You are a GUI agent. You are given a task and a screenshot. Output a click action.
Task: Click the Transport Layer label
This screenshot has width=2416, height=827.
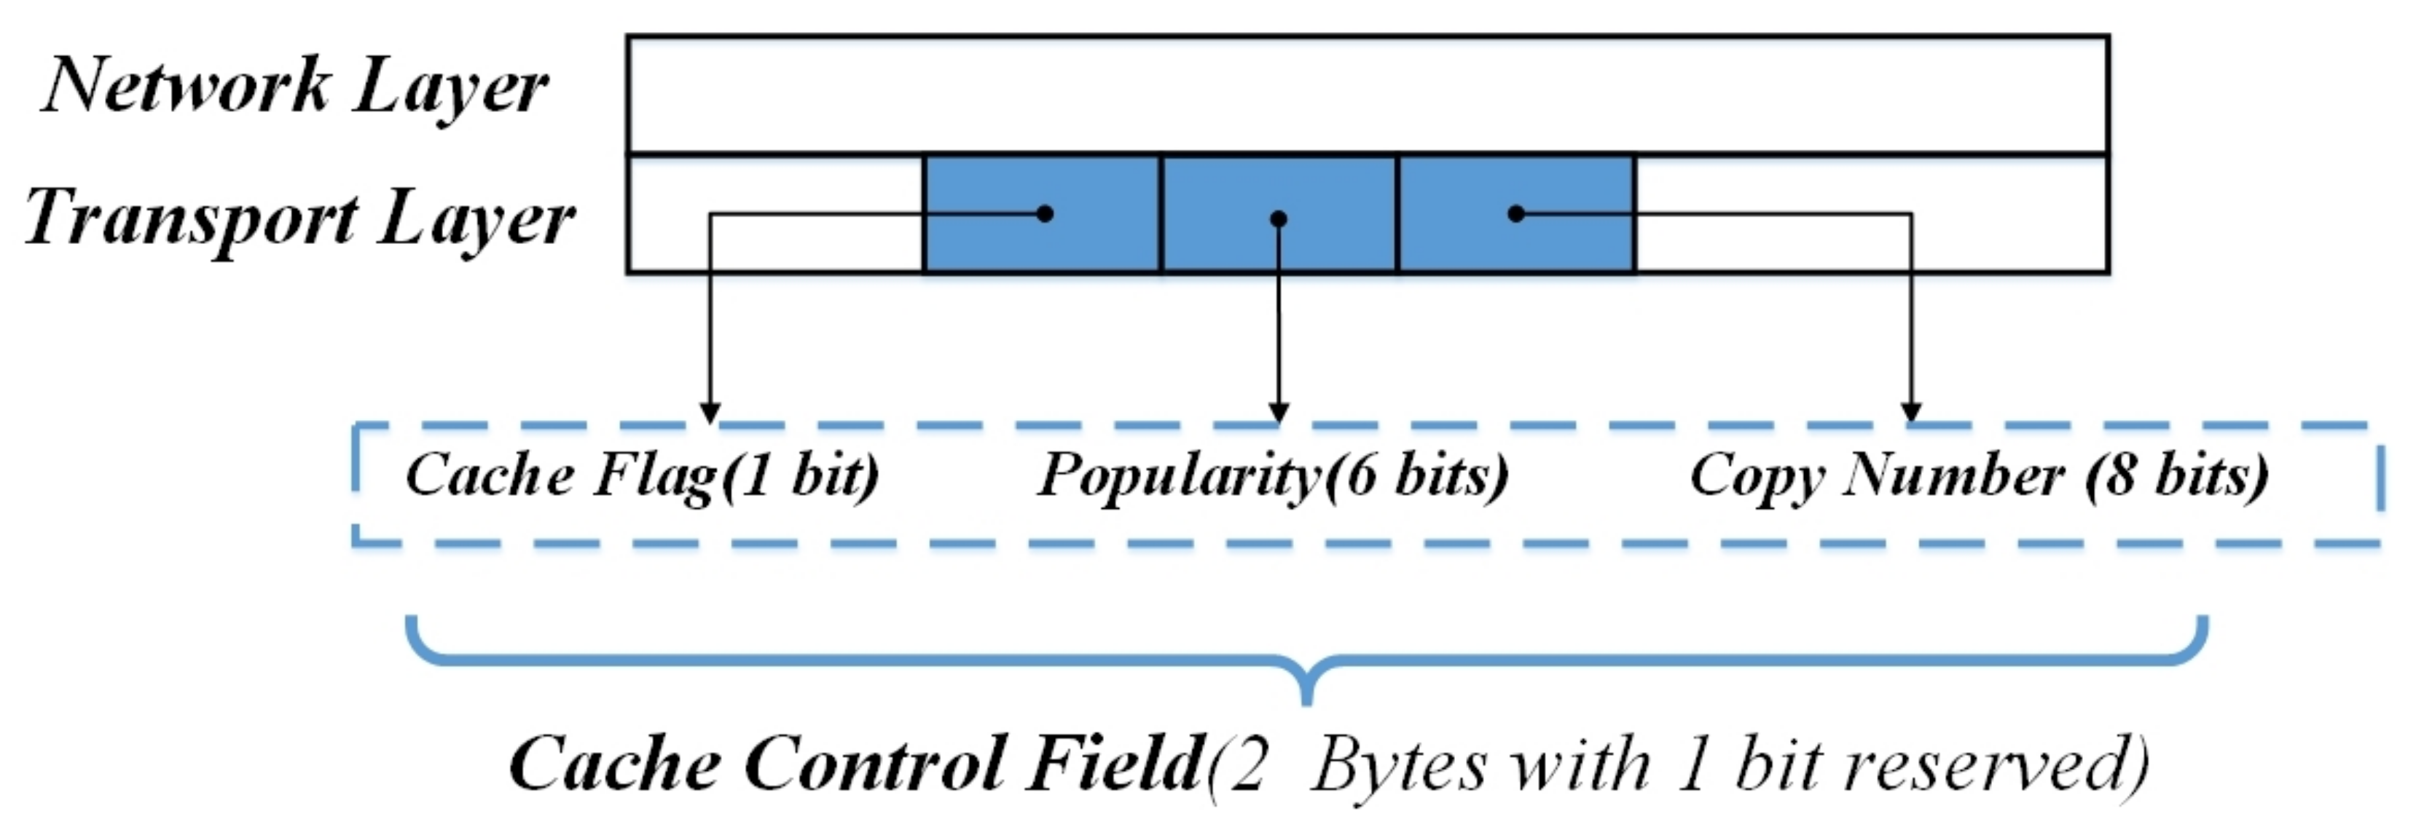[298, 218]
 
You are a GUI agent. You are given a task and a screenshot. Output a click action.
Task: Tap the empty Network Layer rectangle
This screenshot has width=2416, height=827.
[1368, 95]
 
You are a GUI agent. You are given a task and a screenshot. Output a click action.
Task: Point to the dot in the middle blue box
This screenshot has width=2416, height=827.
[1279, 218]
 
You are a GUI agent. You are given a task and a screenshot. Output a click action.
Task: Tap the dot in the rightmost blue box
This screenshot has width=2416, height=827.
[1515, 214]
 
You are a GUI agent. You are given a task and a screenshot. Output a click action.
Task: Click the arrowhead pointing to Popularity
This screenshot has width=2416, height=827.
[1279, 413]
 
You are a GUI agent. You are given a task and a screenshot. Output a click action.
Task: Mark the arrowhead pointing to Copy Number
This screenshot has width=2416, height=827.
[1911, 413]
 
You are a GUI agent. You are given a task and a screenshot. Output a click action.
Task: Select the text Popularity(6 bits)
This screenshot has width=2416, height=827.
[1273, 475]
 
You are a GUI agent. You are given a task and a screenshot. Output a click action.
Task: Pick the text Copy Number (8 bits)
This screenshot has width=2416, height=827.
[1979, 475]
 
